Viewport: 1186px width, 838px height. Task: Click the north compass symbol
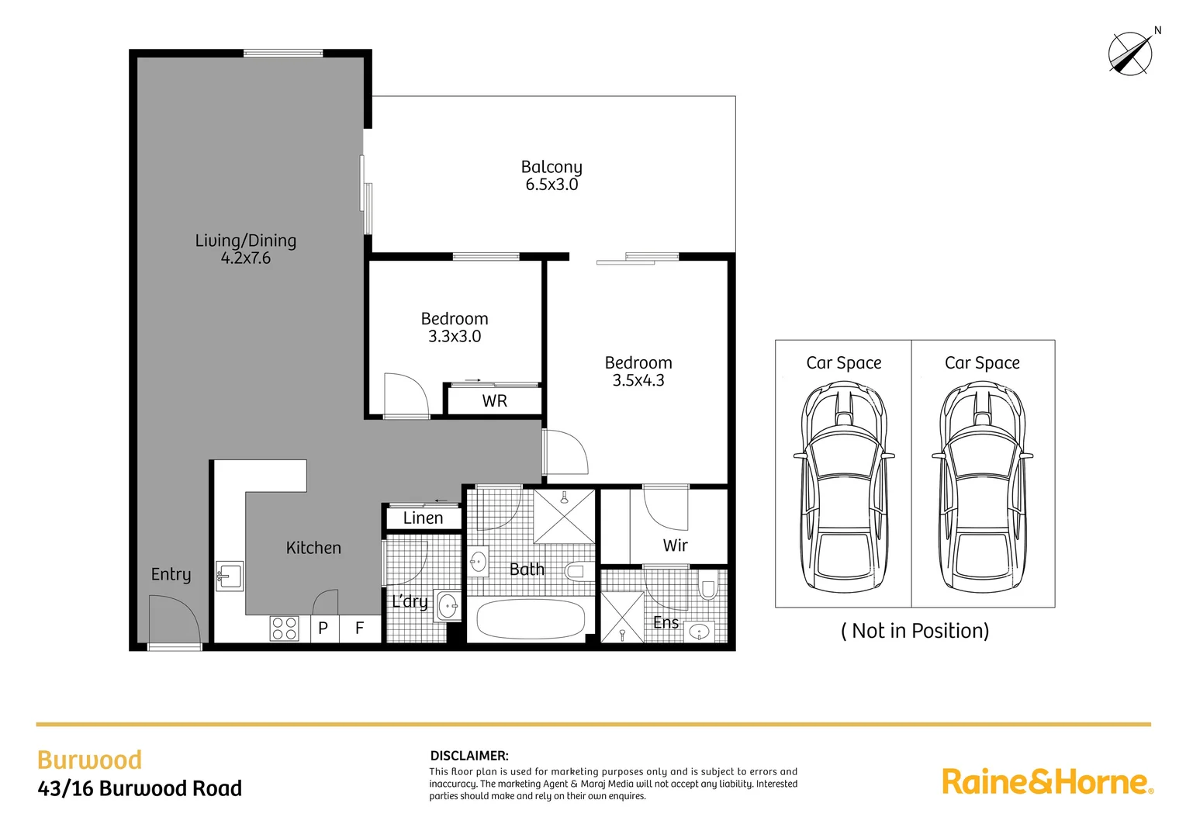pos(1130,54)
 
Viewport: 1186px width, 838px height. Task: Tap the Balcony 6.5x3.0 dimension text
pos(552,185)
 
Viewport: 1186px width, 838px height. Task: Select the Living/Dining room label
pos(245,241)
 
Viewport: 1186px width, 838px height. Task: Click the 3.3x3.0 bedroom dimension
pos(455,337)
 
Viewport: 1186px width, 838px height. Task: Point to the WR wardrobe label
pos(494,401)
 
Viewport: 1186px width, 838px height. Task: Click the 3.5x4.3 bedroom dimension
pos(638,380)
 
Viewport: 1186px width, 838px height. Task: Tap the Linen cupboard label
pos(423,518)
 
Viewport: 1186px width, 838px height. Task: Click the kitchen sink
pos(230,577)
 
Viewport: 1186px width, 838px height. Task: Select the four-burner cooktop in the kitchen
pos(285,628)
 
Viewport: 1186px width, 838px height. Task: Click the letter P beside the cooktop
pos(323,628)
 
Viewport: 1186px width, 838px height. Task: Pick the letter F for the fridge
pos(360,628)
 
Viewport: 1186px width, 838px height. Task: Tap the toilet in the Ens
pos(707,588)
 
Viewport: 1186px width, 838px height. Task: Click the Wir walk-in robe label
pos(675,545)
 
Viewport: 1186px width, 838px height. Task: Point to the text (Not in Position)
pos(915,631)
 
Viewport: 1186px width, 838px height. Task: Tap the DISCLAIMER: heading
pos(469,756)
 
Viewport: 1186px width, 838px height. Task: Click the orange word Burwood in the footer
pos(90,760)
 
